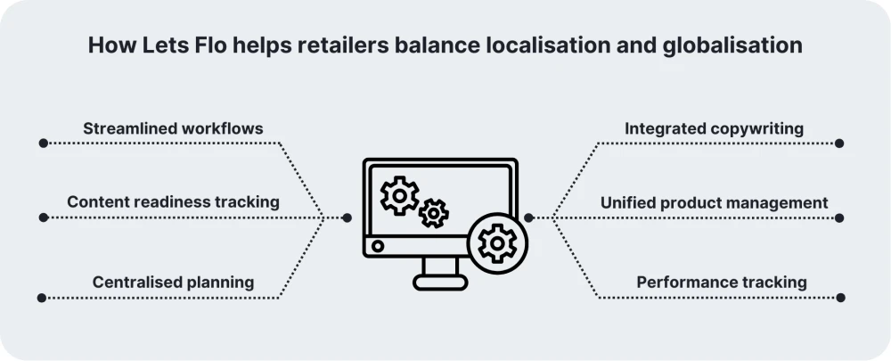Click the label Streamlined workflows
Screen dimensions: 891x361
[x=173, y=128]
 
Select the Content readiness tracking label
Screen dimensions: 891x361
[x=173, y=202]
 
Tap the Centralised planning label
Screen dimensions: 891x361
[x=173, y=283]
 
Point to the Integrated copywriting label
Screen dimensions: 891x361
[x=714, y=128]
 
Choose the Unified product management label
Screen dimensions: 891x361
[x=714, y=202]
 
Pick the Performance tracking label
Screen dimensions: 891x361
[x=722, y=283]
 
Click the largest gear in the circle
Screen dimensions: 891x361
[x=496, y=242]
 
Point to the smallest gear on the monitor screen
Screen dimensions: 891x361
[x=434, y=212]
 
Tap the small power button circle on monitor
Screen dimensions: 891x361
[x=378, y=245]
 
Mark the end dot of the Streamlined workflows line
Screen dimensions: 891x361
[x=43, y=143]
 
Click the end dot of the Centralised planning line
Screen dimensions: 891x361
[x=43, y=297]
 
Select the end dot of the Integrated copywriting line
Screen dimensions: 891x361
[x=839, y=143]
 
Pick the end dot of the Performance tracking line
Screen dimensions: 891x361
[x=839, y=297]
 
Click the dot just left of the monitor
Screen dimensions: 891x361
[x=347, y=217]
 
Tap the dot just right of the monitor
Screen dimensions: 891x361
[x=528, y=217]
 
